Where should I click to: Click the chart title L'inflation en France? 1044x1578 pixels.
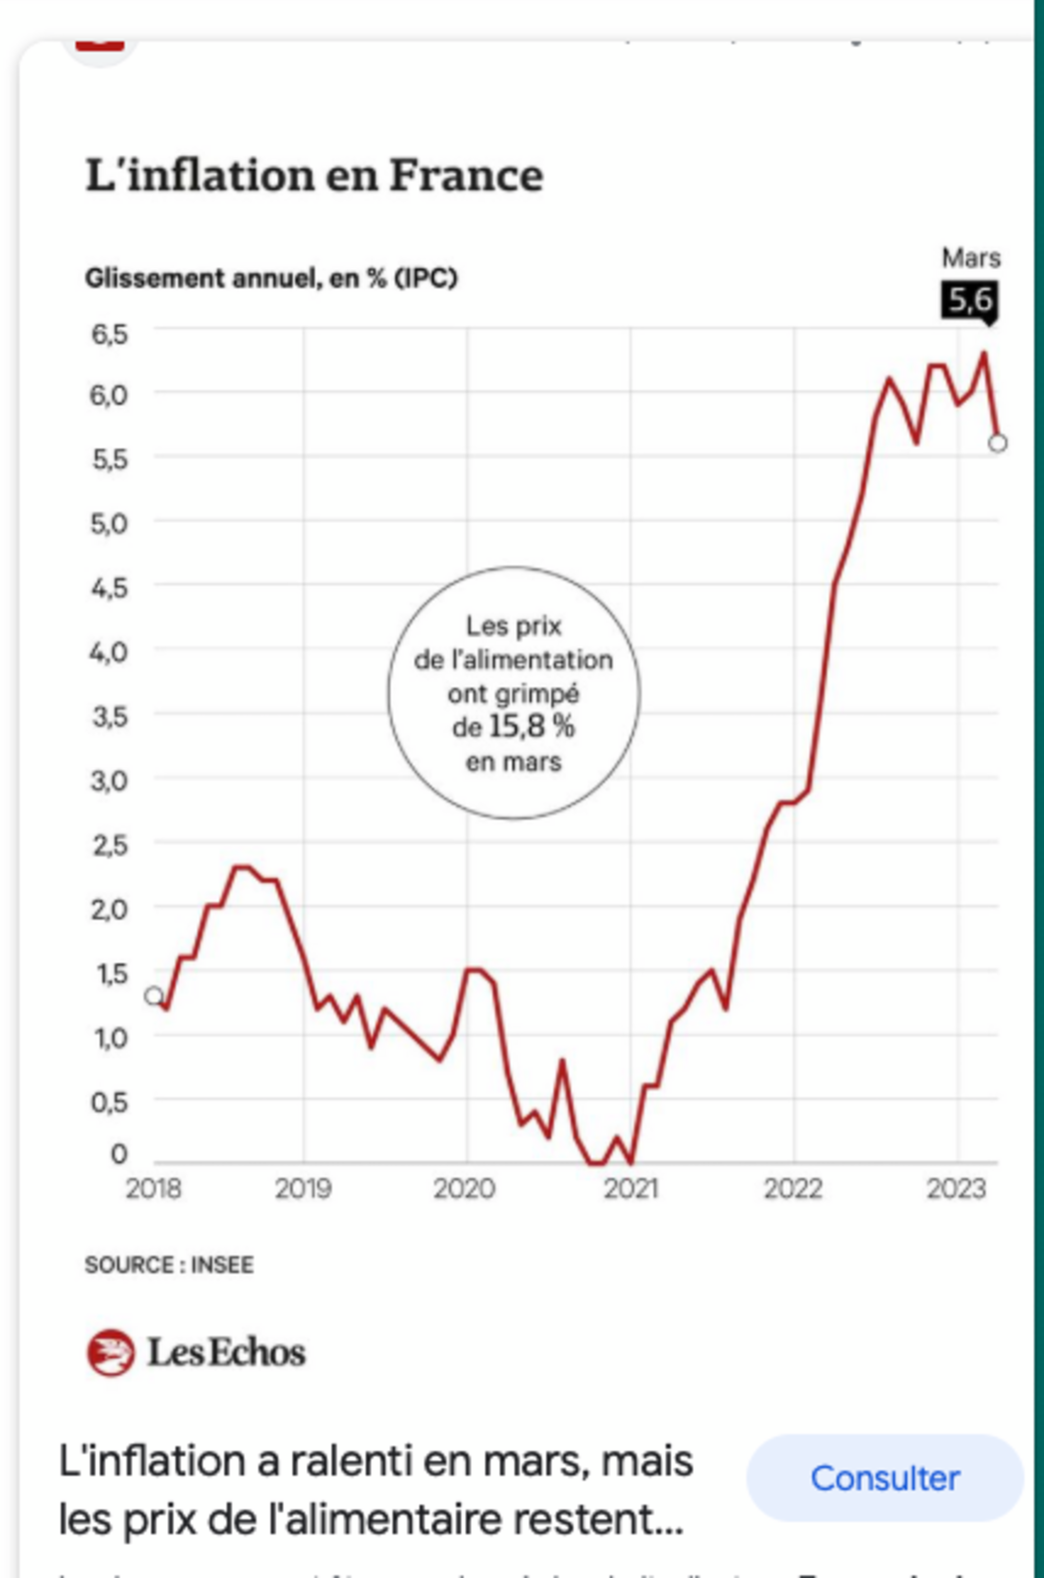pos(314,176)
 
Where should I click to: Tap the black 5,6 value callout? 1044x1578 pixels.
pos(969,300)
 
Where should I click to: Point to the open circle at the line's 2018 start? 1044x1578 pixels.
pos(154,996)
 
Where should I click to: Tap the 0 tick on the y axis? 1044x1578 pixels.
pos(119,1153)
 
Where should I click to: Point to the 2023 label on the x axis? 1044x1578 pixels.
pos(956,1188)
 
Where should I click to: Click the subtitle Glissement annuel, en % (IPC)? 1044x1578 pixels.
pos(271,278)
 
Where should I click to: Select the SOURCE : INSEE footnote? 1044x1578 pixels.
pos(169,1264)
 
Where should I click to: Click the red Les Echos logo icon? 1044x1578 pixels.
pos(110,1352)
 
